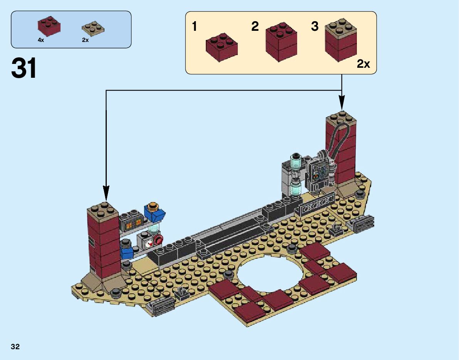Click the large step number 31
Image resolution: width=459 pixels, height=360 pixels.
24,68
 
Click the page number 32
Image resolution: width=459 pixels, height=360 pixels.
15,347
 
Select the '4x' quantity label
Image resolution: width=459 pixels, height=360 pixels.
41,40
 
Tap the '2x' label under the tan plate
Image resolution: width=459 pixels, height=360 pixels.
85,40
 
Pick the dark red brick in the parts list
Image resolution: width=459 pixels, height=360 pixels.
49,26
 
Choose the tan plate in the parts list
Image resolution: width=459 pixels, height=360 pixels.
93,28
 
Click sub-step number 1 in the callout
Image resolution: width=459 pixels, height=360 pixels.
194,26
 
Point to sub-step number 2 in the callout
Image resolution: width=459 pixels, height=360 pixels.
255,26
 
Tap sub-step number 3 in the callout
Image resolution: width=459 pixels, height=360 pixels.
315,26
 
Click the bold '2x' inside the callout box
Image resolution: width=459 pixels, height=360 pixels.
363,64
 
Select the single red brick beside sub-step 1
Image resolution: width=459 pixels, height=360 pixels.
222,47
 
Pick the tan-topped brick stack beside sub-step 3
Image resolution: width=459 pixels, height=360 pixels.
341,40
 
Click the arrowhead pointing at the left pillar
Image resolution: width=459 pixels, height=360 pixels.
106,194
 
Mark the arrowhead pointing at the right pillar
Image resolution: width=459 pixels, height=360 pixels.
341,103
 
